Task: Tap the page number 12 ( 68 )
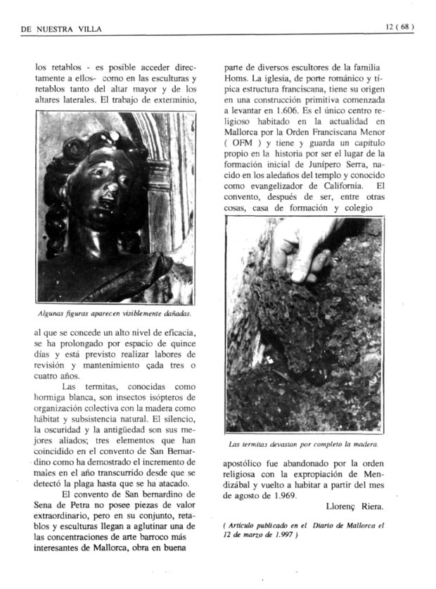(399, 27)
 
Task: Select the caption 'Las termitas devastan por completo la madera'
(304, 444)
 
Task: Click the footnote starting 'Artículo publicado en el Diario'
(304, 530)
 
